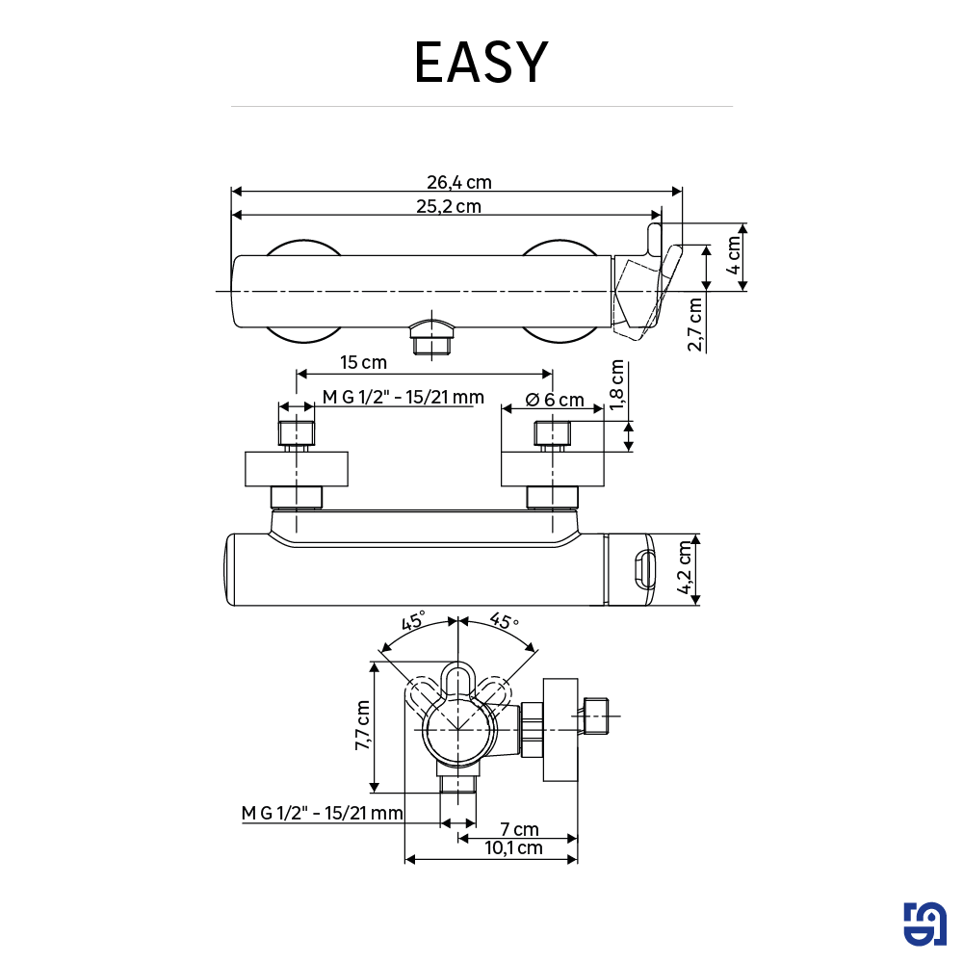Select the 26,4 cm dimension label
click(x=459, y=182)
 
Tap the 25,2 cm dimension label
click(x=449, y=206)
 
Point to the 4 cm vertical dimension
click(x=735, y=256)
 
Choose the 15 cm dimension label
click(x=363, y=362)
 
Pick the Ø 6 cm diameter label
click(x=555, y=400)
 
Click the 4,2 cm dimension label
click(x=686, y=570)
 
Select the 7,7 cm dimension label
click(x=363, y=725)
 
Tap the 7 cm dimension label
click(x=519, y=829)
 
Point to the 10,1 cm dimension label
click(x=513, y=848)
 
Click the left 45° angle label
click(x=413, y=621)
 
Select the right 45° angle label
click(x=504, y=621)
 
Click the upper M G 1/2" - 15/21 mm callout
click(x=403, y=398)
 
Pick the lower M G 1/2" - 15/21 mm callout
click(x=322, y=814)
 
